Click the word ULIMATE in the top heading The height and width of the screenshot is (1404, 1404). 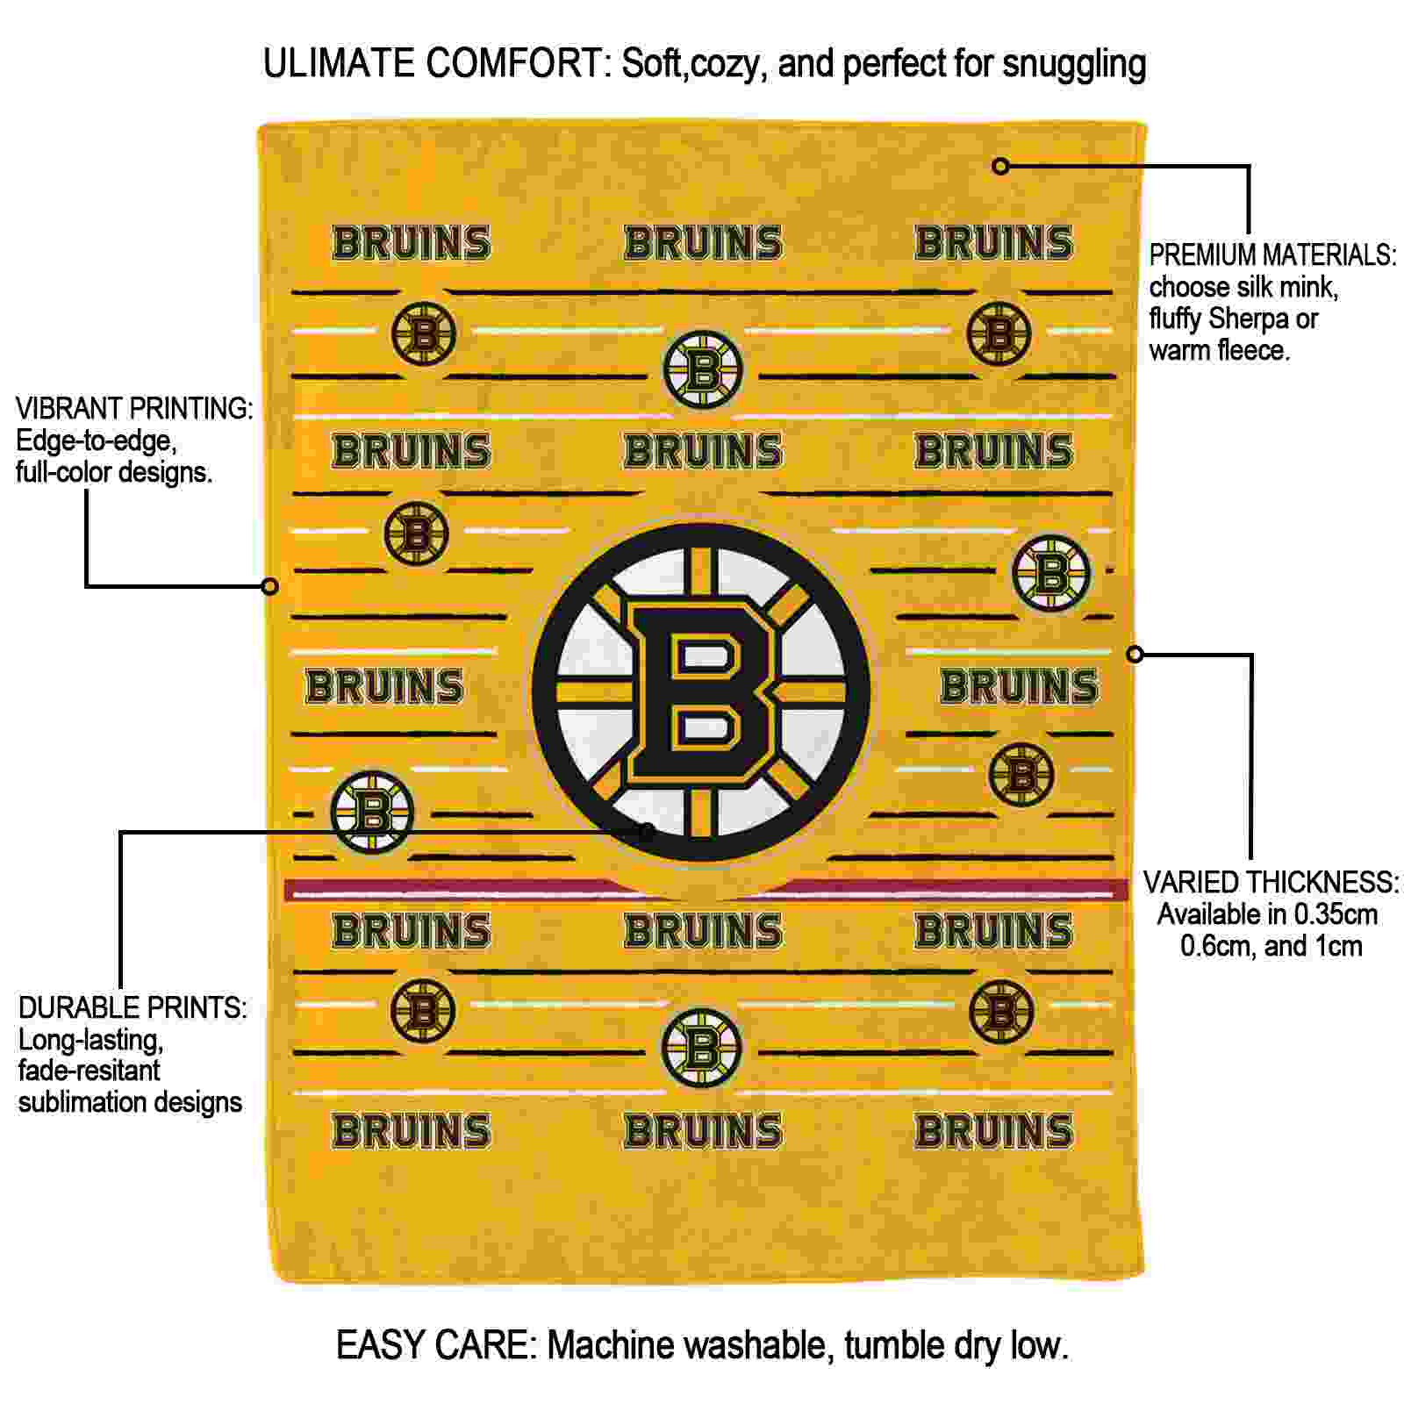[x=339, y=63]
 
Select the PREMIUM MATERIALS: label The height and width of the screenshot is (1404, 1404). [x=1272, y=255]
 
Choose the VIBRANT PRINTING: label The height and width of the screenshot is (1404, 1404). [x=134, y=408]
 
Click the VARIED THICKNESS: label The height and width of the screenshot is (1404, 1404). [x=1271, y=882]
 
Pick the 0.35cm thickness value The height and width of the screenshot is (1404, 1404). [x=1326, y=914]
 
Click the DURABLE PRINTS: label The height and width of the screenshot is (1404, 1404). [x=133, y=1007]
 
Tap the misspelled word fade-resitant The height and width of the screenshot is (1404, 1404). [x=89, y=1071]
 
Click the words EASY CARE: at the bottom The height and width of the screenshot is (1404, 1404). [x=436, y=1344]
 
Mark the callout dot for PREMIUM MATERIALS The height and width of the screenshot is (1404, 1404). [x=1001, y=165]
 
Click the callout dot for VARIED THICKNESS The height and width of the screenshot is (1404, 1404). [x=1135, y=654]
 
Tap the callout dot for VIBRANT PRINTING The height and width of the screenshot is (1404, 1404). [x=270, y=585]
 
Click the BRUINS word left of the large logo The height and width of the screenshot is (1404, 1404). [x=384, y=686]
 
